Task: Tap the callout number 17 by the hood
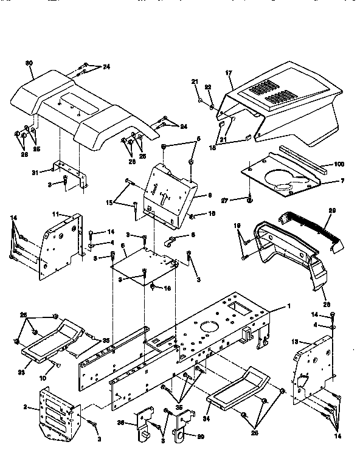(x=229, y=74)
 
